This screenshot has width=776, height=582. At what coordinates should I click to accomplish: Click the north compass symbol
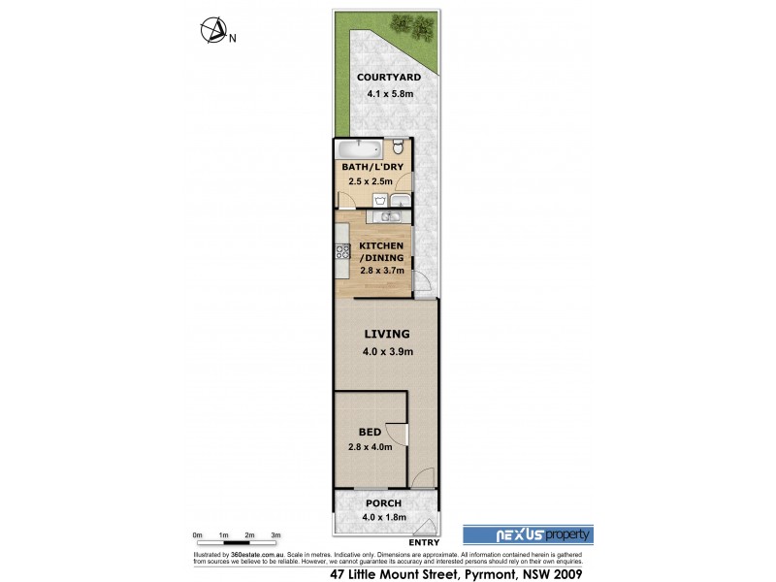212,32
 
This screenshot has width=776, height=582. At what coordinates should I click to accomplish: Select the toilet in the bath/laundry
399,147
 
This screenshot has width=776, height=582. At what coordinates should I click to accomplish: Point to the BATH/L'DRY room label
372,167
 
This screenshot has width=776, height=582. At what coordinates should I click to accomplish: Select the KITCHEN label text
382,245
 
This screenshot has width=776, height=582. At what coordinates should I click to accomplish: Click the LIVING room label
387,333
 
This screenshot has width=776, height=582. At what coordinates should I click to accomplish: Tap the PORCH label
383,503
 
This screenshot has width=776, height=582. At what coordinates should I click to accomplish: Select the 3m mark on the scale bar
275,534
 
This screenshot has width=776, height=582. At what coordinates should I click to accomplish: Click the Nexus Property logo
526,534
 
